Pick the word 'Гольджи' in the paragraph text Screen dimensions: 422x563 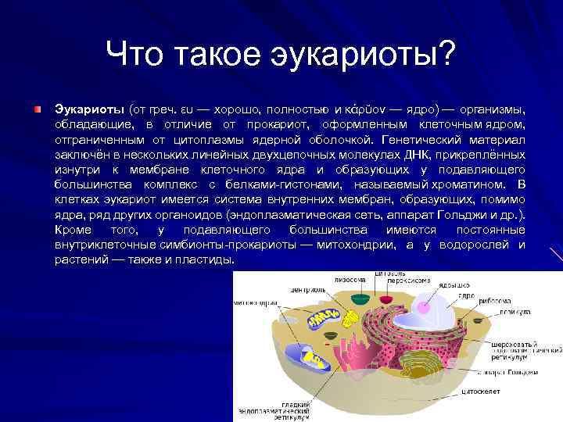455,214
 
